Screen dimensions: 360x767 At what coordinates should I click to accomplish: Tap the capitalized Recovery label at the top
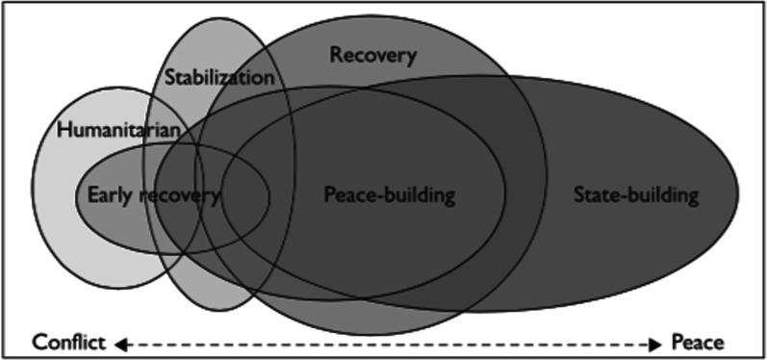tap(373, 55)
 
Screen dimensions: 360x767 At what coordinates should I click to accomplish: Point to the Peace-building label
tap(388, 195)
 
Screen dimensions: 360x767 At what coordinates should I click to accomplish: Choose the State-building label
tap(634, 195)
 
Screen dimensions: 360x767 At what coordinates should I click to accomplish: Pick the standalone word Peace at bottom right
tap(698, 342)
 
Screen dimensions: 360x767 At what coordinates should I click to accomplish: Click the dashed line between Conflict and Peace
tap(385, 342)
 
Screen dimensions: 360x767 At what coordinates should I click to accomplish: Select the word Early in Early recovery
tap(108, 195)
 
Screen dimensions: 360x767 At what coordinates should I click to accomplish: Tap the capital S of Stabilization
tap(169, 76)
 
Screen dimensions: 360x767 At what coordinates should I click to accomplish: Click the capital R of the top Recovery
tap(336, 55)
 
